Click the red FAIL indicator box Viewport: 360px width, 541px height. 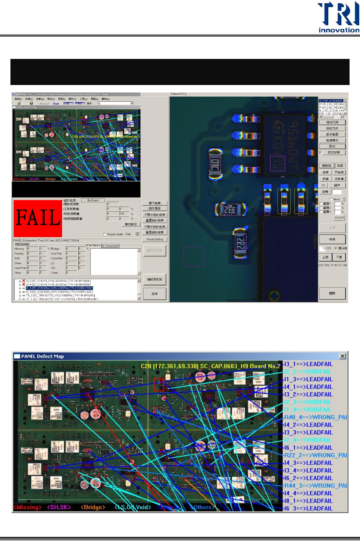coord(38,218)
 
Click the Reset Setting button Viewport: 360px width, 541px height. coord(154,239)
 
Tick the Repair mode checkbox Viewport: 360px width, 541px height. coord(104,235)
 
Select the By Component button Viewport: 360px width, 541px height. coord(110,246)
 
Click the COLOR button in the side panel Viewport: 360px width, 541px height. coord(339,218)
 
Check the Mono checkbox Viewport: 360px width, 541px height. coord(331,199)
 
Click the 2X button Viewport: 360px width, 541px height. coord(323,185)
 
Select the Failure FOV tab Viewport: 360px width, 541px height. coord(178,94)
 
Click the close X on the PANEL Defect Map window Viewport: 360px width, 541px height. coord(342,356)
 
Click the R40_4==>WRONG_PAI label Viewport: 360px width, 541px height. coord(316,417)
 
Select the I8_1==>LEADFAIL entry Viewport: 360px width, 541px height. coord(308,501)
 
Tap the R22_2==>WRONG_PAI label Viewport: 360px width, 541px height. coord(316,455)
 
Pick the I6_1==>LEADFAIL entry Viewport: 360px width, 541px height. coord(308,447)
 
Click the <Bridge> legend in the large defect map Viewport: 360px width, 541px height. coord(93,507)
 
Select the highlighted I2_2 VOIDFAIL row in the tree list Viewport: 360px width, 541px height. coord(59,288)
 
